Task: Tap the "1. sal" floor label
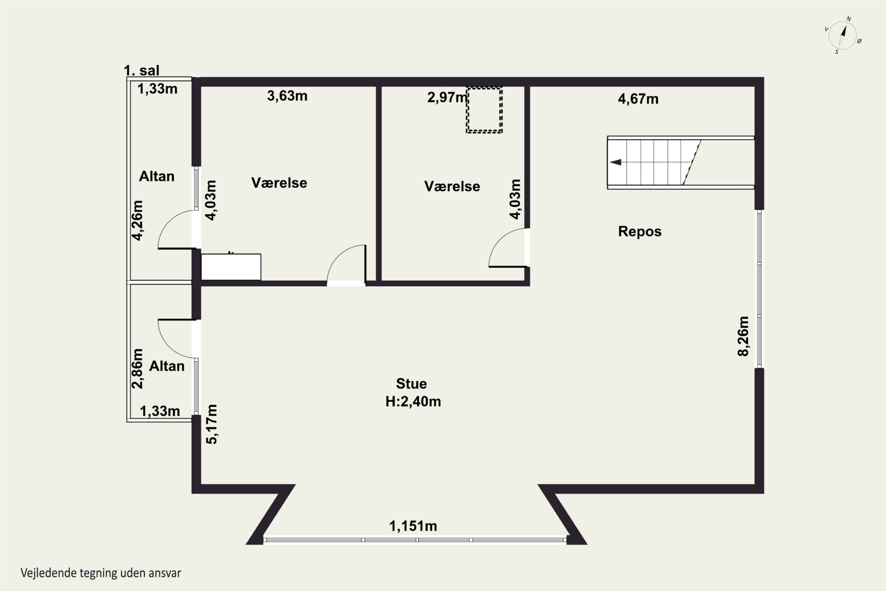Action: pos(142,70)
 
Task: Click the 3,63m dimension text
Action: pos(287,96)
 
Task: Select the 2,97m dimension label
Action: pos(447,97)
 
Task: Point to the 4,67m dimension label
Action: pos(638,99)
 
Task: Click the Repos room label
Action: pos(640,231)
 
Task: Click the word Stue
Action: pos(411,384)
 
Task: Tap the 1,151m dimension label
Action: pos(413,526)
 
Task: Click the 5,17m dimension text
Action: pos(212,424)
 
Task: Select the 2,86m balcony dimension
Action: pos(137,368)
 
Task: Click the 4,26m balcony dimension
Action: pos(137,220)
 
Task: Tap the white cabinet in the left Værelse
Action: pos(231,267)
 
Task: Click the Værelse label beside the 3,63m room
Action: pos(279,183)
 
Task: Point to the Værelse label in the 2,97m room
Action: pos(452,186)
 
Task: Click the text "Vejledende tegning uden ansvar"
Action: pos(101,573)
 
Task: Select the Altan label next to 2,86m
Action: pos(167,366)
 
